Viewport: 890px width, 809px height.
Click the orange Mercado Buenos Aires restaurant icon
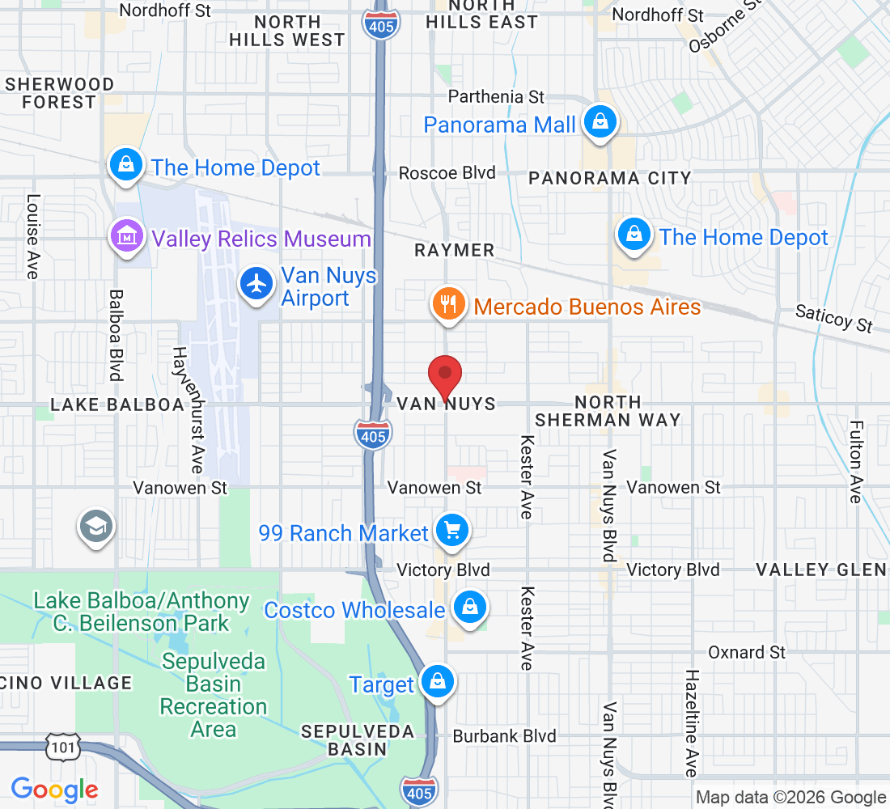click(447, 305)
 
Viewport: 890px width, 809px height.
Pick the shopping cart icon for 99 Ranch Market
click(451, 531)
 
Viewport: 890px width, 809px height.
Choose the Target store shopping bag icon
click(438, 682)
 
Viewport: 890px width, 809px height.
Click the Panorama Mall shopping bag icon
click(600, 122)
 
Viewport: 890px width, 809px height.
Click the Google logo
click(55, 790)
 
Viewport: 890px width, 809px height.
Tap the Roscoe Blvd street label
click(447, 173)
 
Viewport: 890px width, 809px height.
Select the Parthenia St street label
click(496, 97)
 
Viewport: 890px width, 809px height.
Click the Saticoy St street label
click(833, 318)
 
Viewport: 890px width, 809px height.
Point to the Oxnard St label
click(746, 652)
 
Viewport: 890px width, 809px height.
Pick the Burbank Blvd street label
click(504, 736)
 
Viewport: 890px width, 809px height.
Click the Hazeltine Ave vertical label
click(691, 722)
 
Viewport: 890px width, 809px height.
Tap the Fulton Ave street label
click(856, 462)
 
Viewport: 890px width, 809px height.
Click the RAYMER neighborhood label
click(454, 251)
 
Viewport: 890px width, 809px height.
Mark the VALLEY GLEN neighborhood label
click(820, 570)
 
